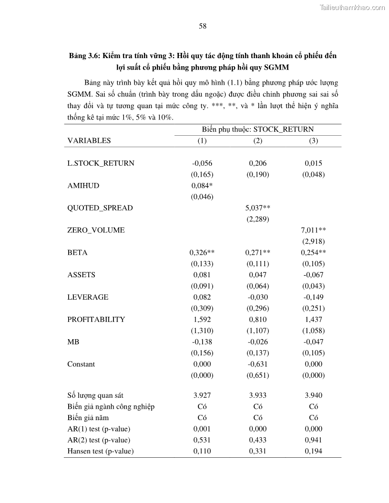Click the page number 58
click(x=203, y=27)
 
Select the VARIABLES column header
click(x=89, y=141)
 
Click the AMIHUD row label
click(x=83, y=186)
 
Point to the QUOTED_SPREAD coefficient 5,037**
click(x=258, y=208)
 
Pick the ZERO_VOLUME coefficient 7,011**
click(x=313, y=230)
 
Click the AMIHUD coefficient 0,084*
click(x=202, y=186)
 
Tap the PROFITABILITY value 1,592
click(x=202, y=320)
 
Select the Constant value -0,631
click(x=258, y=364)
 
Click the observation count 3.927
click(x=202, y=395)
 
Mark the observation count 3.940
click(x=313, y=395)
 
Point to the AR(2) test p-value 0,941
click(x=313, y=440)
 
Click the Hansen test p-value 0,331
click(x=258, y=451)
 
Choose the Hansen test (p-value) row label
click(x=101, y=451)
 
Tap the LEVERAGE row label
click(x=88, y=297)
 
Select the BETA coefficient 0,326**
click(x=202, y=252)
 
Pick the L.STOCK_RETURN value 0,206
click(x=258, y=163)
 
